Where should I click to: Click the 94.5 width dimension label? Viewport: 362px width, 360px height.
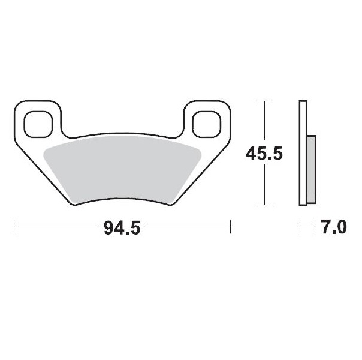(123, 228)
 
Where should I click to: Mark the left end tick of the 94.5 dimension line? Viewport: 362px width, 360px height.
(14, 228)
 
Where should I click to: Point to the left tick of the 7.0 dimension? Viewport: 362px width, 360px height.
(300, 228)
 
